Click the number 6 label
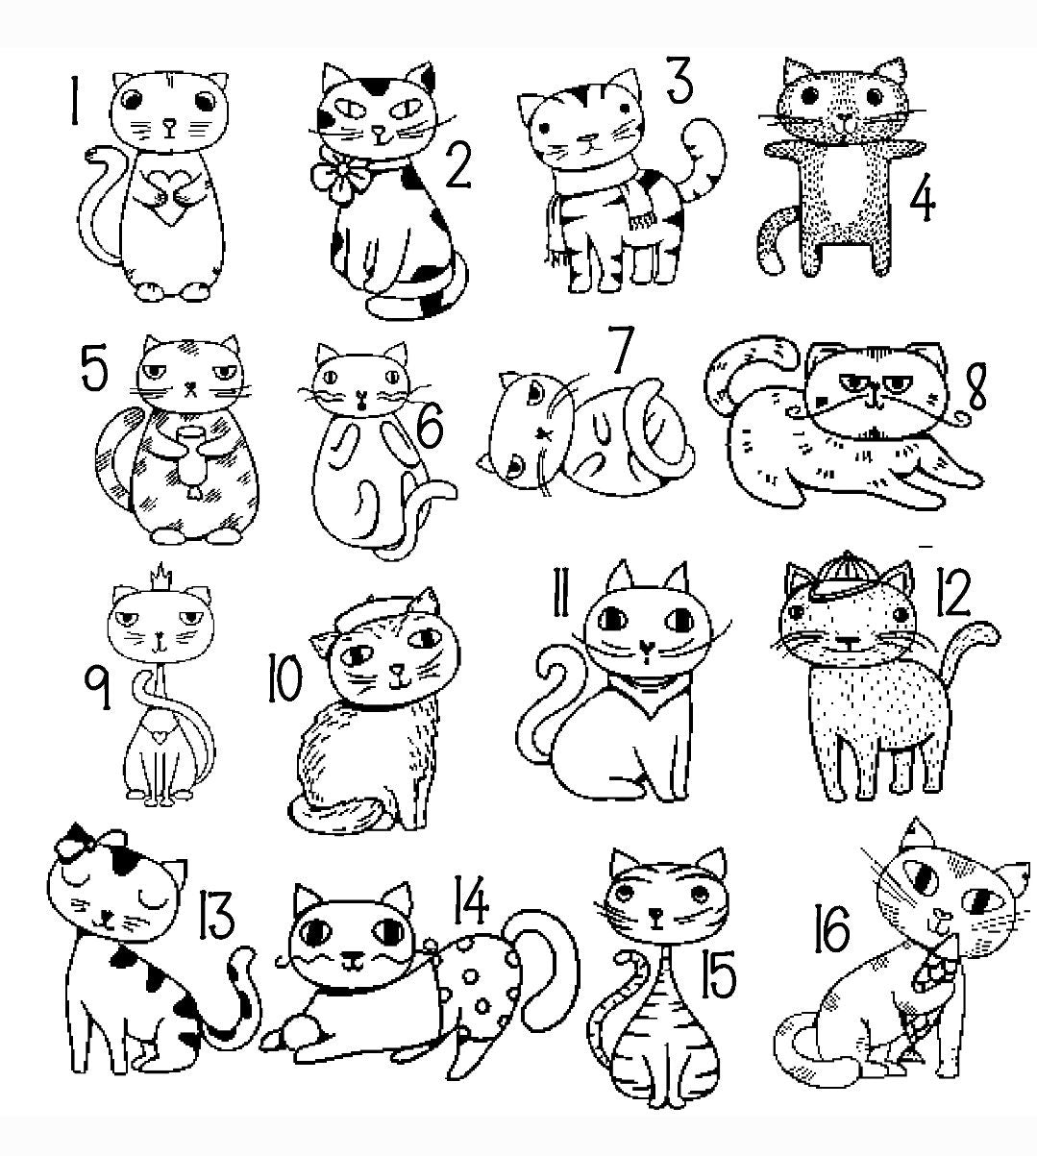[430, 428]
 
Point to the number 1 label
[74, 101]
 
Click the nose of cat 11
[647, 646]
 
